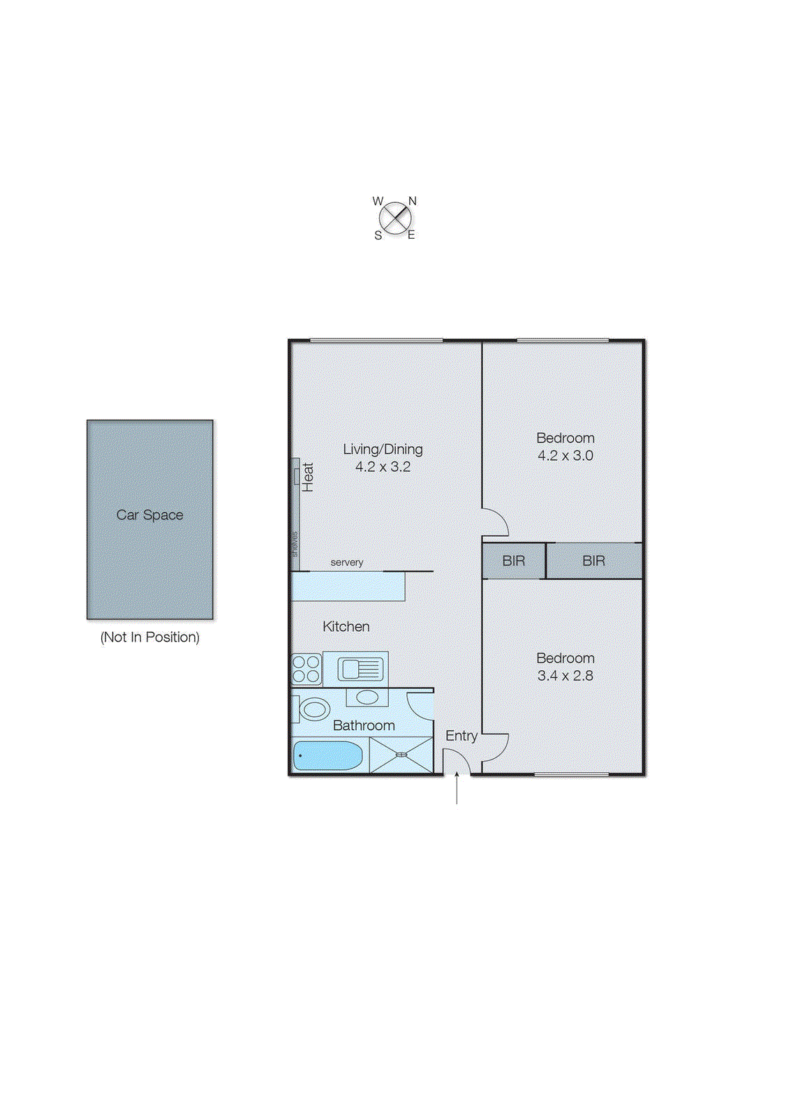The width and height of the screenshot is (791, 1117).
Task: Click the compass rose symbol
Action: coord(396,219)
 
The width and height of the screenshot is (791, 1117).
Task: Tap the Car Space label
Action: coord(149,515)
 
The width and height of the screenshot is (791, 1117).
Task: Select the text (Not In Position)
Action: coord(149,637)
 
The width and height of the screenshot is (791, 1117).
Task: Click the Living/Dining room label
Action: coord(383,450)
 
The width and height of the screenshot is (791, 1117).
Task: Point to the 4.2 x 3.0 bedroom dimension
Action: coord(565,456)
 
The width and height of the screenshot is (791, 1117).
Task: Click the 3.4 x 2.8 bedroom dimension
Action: coord(565,676)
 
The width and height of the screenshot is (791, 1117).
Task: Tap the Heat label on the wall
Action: coord(308,478)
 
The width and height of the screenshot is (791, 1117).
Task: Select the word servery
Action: coord(347,563)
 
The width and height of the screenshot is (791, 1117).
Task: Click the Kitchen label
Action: coord(346,627)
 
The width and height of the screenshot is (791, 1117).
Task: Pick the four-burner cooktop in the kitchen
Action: coord(306,669)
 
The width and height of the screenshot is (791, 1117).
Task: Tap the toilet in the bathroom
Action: coord(312,710)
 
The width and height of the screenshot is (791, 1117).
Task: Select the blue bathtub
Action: coord(327,756)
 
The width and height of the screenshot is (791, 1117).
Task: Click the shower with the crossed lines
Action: coord(401,755)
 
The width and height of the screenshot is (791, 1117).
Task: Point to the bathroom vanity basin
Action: coord(367,697)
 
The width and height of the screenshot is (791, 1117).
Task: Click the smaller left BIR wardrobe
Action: coord(513,561)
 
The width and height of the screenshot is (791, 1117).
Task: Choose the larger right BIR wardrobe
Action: coord(593,561)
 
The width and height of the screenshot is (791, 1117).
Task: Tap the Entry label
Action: coord(461,736)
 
